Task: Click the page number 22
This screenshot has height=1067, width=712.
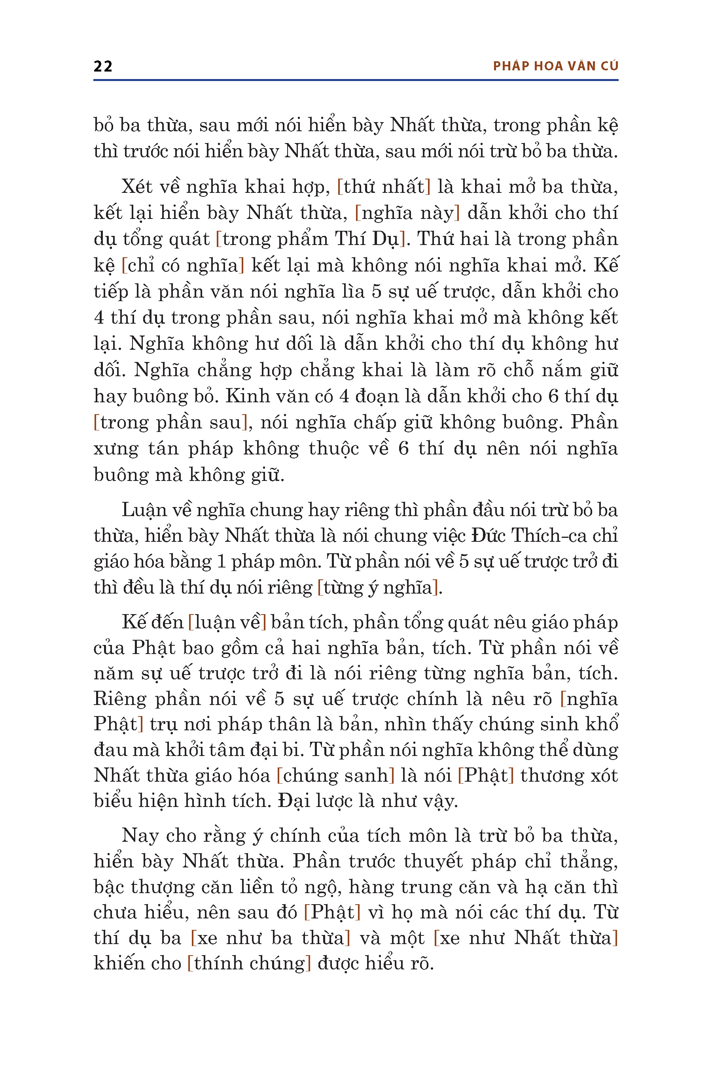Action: coord(103,66)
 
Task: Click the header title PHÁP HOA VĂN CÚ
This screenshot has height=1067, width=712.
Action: coord(555,66)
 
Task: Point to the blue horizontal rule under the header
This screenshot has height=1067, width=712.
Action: coord(356,80)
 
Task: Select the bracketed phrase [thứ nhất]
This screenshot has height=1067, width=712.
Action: coord(383,187)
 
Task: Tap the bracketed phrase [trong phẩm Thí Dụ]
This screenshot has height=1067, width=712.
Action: coord(310,239)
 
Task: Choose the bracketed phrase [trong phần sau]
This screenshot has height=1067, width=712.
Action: coord(171,422)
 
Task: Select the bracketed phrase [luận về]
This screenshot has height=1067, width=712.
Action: coord(227,622)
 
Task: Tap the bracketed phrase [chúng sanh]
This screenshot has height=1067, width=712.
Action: coord(335,775)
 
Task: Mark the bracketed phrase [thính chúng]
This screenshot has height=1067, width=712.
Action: coord(249,963)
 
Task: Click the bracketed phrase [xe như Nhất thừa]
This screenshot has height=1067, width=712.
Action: coord(526,938)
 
